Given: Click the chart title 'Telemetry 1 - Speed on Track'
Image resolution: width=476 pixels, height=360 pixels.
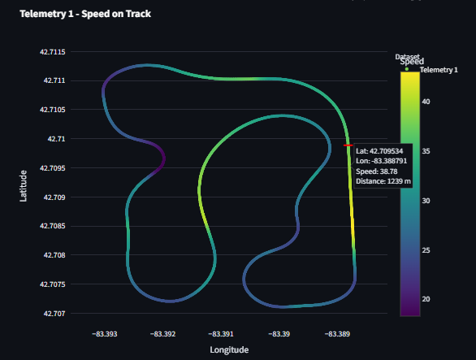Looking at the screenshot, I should pos(85,14).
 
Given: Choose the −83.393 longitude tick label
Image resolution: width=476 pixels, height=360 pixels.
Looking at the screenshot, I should pos(105,334).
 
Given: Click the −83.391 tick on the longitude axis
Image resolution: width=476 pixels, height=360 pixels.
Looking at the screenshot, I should pos(221,334).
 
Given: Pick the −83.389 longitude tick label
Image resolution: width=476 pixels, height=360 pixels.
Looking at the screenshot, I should pos(337,334).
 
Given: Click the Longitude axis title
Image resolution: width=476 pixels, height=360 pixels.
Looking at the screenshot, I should pos(229,350).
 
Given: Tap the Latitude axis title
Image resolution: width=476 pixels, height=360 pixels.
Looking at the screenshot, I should pos(24,184).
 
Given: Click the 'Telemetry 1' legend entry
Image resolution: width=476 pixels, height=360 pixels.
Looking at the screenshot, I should pos(439,70).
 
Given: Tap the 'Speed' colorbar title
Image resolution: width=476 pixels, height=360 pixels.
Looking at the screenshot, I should pos(412,62).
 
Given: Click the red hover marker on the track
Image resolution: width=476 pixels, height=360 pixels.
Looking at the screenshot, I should pos(348,145).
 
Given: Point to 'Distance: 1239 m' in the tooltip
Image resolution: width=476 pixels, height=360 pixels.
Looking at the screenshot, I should pos(383,180).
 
